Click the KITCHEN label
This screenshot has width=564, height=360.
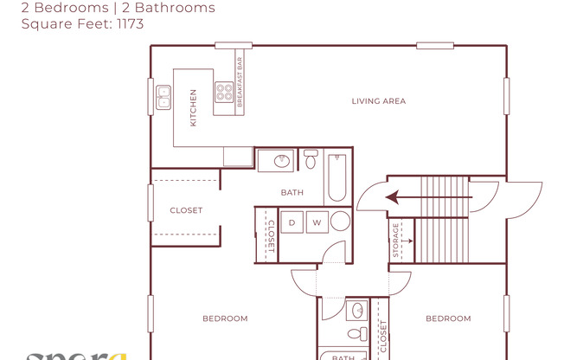point(193,108)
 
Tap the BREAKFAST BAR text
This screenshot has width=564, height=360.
point(240,82)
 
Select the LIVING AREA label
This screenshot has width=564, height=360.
point(378,101)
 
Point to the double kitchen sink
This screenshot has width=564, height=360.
point(163,101)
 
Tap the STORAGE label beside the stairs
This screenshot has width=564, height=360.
point(396,240)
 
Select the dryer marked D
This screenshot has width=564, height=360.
point(292,223)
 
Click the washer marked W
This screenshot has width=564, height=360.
point(316,223)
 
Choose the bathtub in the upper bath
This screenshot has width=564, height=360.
point(336,177)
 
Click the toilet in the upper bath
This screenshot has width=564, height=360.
point(311,160)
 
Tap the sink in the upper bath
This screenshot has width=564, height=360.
point(279,161)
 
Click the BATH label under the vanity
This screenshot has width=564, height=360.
point(292,192)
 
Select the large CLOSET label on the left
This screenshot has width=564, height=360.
point(186,210)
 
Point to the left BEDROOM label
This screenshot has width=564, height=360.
point(225,318)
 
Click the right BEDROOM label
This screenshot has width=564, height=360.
point(448,318)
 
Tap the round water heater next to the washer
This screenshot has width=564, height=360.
point(340,222)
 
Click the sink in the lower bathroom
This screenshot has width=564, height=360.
point(356,312)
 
